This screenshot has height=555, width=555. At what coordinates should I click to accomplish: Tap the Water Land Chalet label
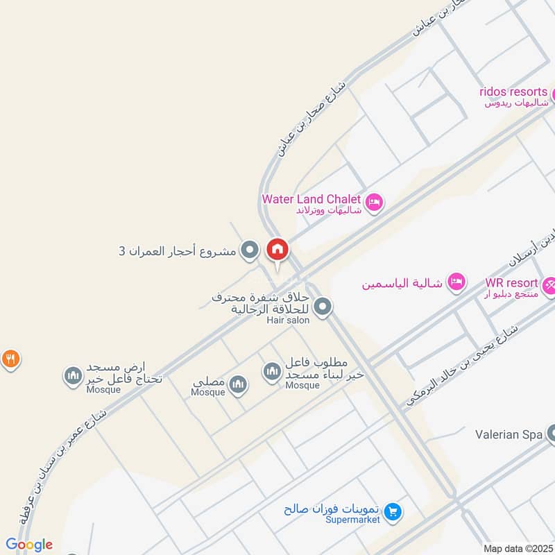point(311,199)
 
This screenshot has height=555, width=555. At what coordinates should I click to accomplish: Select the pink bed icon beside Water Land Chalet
point(374,202)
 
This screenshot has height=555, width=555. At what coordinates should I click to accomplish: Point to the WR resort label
point(511,283)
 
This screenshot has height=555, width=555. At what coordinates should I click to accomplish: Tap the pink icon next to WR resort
point(549,284)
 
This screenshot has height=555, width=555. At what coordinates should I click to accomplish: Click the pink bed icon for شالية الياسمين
point(456,281)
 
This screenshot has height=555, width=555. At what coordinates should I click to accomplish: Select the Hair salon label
point(288,320)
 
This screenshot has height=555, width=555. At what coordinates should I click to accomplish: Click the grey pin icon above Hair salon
point(322,306)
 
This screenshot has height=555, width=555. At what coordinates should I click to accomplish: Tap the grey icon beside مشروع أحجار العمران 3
point(249,250)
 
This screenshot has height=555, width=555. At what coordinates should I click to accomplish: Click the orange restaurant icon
point(10,359)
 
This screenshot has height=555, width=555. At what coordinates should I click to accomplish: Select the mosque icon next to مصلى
point(238,384)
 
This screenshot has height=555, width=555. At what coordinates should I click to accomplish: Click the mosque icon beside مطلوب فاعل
point(271,372)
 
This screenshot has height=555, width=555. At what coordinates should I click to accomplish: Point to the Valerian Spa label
point(508,435)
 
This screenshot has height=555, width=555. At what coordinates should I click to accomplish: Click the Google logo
point(28,545)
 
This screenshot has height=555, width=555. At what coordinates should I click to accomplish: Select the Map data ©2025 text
point(516,548)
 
